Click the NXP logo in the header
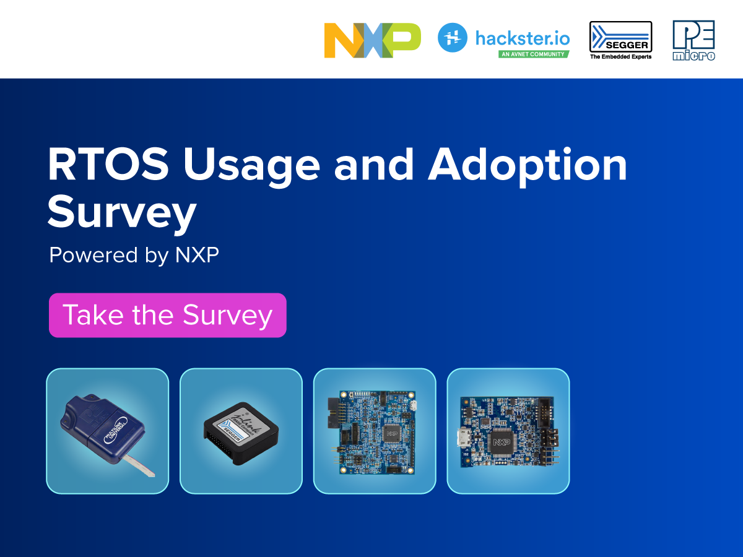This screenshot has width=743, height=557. tap(372, 40)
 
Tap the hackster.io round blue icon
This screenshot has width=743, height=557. tap(452, 37)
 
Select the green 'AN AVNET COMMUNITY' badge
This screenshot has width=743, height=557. tap(534, 54)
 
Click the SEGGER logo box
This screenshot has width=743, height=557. tap(620, 37)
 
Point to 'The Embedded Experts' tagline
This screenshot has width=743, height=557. tap(620, 56)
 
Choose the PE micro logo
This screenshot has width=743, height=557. tap(693, 40)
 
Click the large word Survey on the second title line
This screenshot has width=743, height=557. tap(121, 213)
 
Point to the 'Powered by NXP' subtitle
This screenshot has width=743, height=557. tap(134, 255)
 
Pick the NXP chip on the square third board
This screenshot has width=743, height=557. tap(391, 434)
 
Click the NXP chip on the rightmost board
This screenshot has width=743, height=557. tap(503, 443)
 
